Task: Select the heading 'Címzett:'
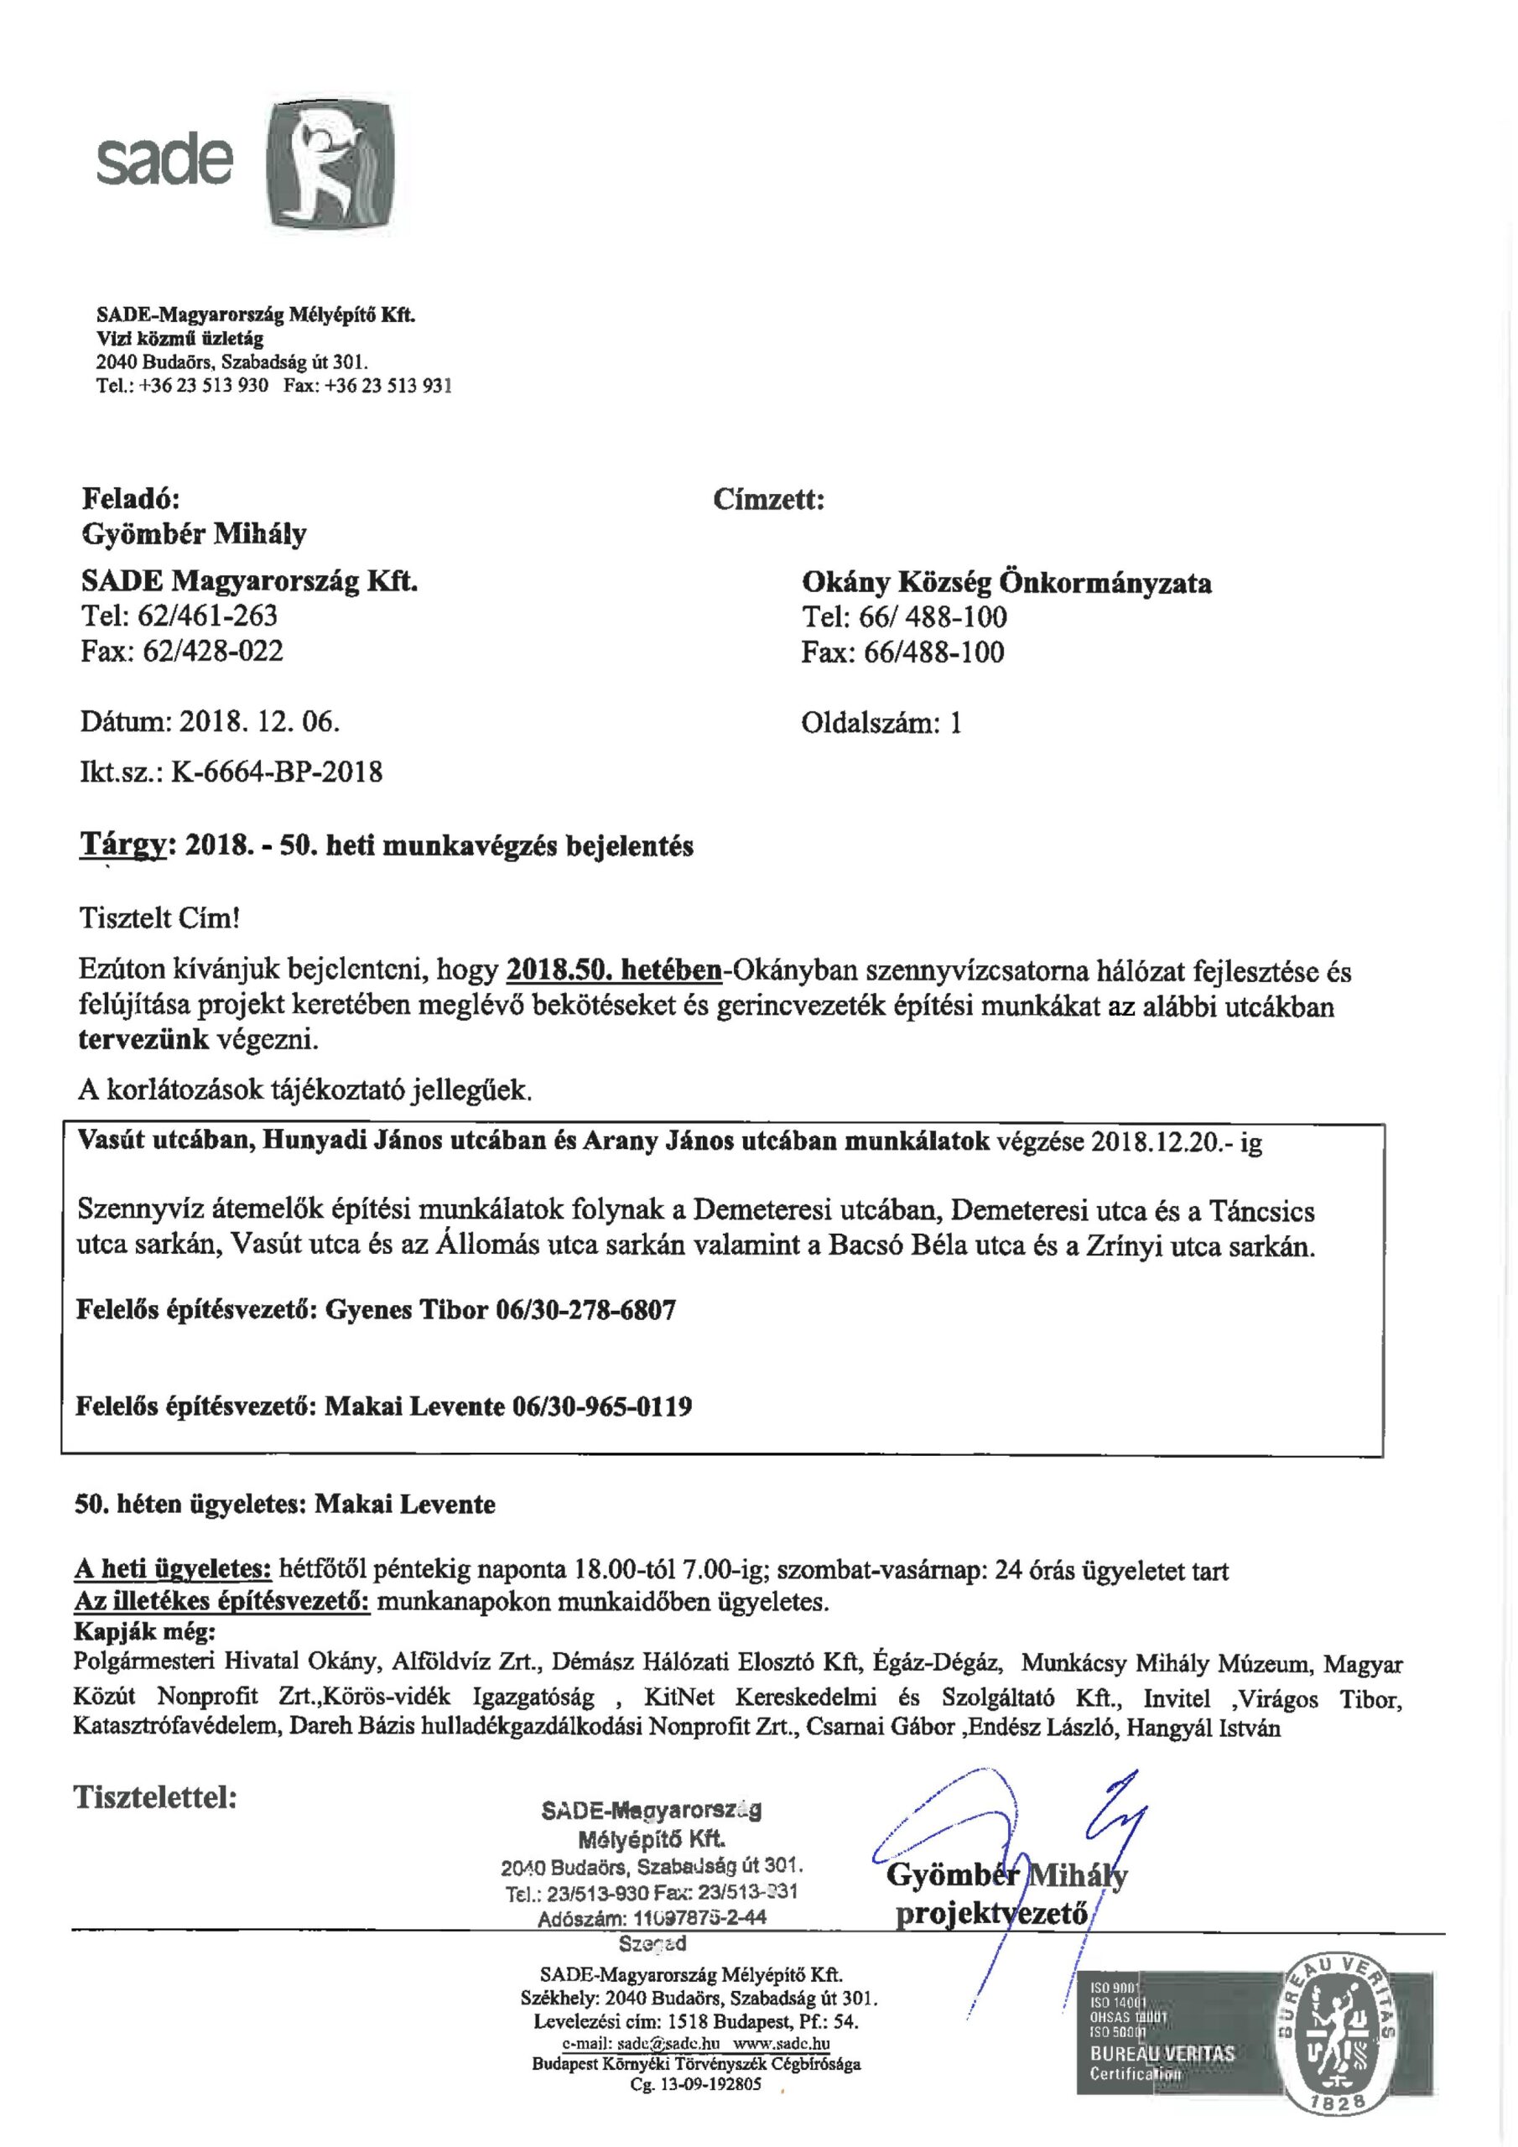768,499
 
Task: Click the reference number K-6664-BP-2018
276,772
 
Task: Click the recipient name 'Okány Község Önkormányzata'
1006,583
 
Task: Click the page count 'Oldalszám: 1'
881,722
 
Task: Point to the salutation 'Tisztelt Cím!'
160,918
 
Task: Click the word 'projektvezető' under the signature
991,1912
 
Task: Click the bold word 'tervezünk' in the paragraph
144,1040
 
